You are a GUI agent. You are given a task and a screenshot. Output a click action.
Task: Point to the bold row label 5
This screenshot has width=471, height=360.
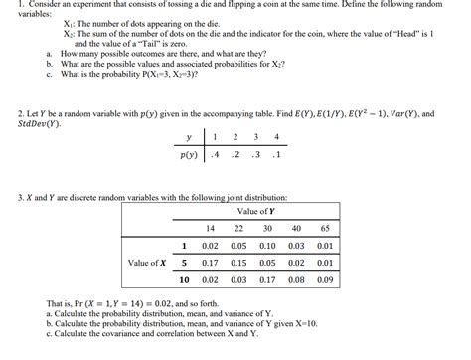(184, 263)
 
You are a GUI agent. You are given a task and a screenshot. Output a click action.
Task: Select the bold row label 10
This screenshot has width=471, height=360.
(182, 280)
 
